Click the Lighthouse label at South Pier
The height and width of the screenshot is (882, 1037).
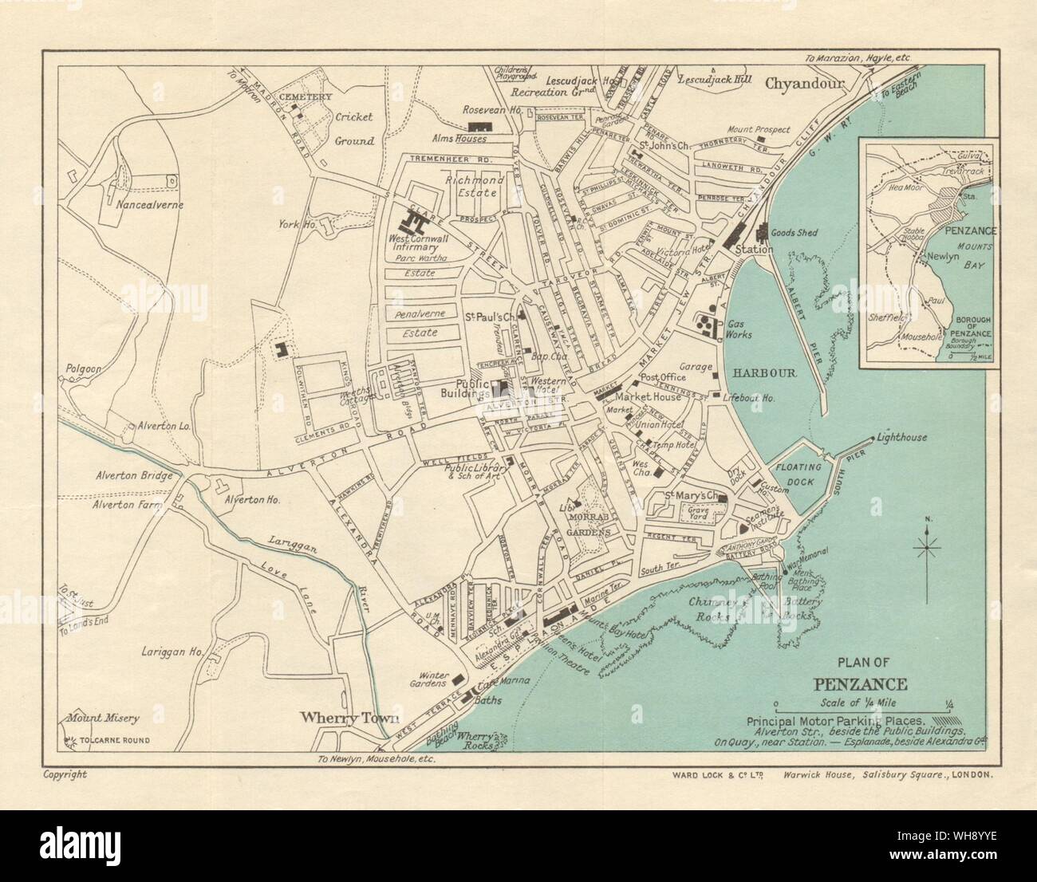901,438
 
